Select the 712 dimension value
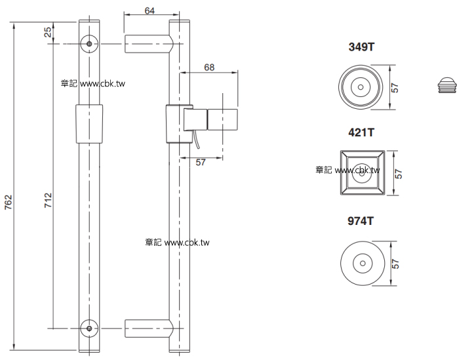48,198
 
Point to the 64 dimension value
149,10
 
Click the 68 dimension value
209,68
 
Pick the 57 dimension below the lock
201,163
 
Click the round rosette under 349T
359,87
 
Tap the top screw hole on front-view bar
89,43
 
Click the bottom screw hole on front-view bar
89,327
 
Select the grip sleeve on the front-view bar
89,125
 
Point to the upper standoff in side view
149,43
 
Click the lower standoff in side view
149,327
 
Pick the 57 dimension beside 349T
395,87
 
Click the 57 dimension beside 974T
395,263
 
